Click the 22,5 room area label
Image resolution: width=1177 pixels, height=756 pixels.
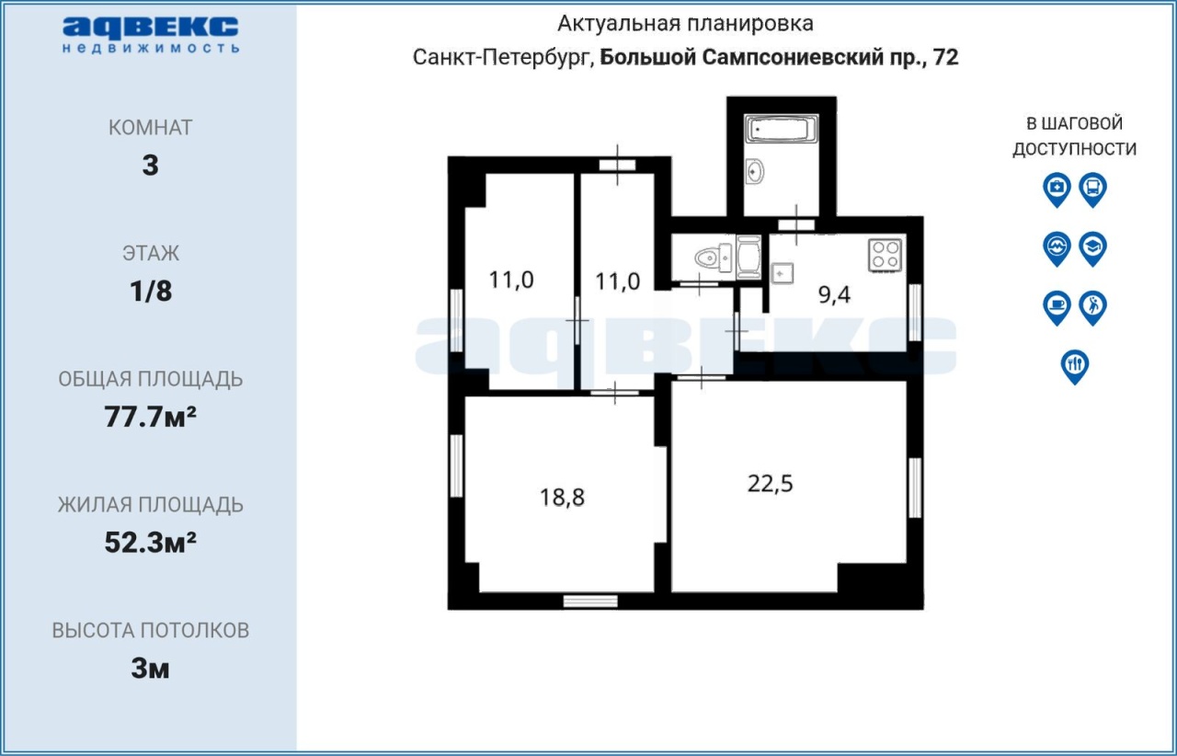[770, 484]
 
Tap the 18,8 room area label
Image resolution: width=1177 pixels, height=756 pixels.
[562, 498]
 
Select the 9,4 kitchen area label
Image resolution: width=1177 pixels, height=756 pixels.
[834, 295]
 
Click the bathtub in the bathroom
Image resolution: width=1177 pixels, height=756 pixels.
[782, 130]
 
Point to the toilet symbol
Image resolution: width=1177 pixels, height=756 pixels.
[713, 258]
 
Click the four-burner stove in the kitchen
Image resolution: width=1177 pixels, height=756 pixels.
[885, 256]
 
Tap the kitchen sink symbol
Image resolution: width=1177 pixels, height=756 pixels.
[783, 274]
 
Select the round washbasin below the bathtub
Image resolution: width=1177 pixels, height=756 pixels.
[755, 171]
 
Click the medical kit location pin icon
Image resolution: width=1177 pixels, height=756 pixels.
[1057, 189]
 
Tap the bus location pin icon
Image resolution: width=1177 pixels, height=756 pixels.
[1093, 189]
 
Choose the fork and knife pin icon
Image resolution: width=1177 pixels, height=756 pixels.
[1075, 366]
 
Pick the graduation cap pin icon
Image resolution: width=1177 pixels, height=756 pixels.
[1093, 248]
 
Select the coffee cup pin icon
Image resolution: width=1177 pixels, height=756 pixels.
[1057, 307]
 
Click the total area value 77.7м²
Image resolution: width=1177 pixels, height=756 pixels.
[150, 417]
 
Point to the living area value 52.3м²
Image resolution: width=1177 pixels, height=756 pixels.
[150, 543]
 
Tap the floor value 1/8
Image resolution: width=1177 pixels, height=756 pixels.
[151, 292]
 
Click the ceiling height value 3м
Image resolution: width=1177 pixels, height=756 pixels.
[150, 669]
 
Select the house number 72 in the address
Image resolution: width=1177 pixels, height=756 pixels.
[946, 57]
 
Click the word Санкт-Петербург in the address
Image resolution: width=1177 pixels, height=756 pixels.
[503, 58]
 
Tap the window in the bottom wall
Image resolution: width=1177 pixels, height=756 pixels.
[590, 601]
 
